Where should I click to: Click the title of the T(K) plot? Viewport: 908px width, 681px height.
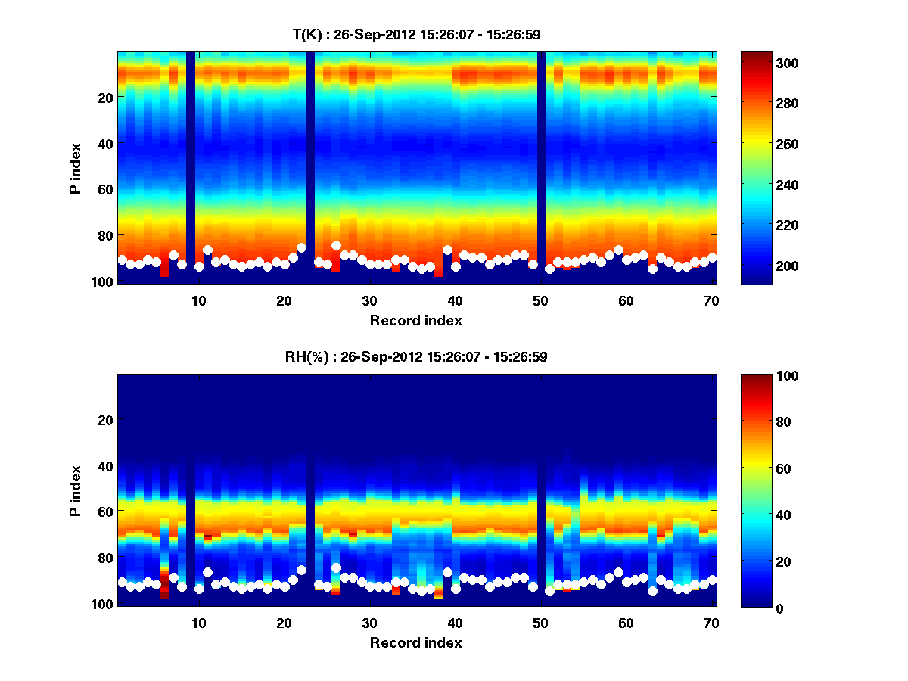(x=416, y=34)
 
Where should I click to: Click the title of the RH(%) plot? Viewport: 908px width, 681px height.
(x=416, y=356)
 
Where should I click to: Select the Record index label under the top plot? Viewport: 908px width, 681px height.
(x=416, y=320)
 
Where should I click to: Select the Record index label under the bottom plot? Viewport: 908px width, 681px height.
(x=416, y=642)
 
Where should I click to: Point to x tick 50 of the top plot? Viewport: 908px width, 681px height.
(x=540, y=300)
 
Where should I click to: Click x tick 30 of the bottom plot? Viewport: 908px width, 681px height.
(x=369, y=622)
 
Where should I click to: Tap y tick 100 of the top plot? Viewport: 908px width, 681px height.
(x=104, y=281)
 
